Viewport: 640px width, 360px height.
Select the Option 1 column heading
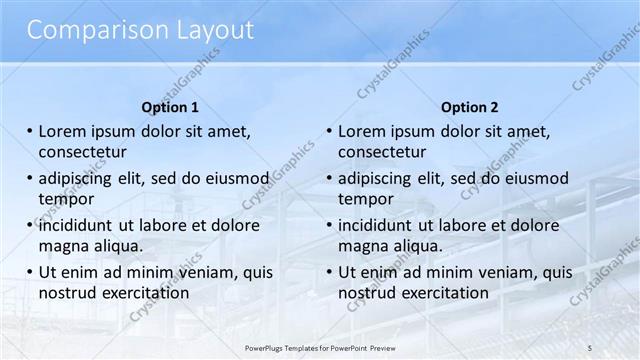pos(170,107)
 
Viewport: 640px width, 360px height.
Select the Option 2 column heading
pos(469,107)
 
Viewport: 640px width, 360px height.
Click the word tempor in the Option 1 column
pos(66,199)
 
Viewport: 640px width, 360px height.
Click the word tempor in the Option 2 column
pos(366,199)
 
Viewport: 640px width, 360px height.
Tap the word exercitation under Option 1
pos(146,293)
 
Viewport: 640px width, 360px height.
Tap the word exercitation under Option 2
pos(446,293)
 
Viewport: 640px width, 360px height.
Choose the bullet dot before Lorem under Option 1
pos(31,131)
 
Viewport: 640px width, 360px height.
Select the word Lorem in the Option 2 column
pos(363,131)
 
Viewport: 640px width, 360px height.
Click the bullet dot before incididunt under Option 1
pos(31,225)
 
